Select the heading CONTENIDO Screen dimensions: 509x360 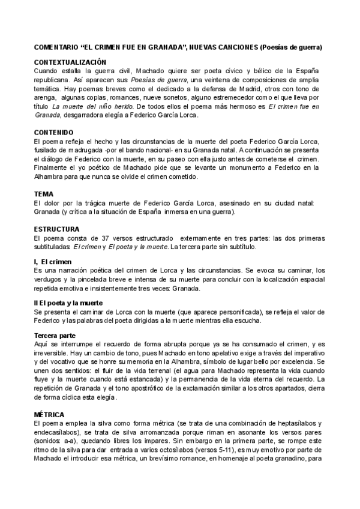54,131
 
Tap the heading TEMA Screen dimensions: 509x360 44,194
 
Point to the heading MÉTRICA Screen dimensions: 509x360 49,415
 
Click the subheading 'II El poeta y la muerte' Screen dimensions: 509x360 68,303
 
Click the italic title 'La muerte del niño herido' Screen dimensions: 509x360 83,106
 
